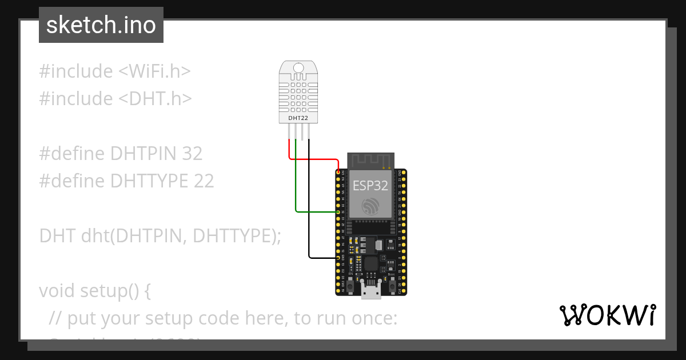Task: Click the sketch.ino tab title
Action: pos(101,25)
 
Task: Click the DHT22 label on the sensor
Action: pos(298,118)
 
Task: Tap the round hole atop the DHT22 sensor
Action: pos(298,69)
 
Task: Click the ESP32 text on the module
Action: pos(370,185)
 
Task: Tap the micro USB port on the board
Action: pos(371,291)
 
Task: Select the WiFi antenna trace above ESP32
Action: pos(371,161)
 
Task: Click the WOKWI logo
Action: pos(607,315)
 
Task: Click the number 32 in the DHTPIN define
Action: pos(192,154)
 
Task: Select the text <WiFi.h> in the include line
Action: pos(154,71)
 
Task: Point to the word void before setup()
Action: pos(57,291)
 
